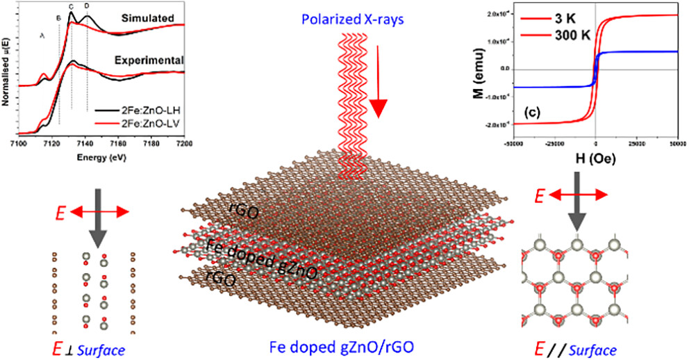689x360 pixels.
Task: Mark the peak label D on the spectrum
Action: click(x=87, y=6)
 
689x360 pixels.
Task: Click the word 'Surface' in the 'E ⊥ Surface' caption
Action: click(x=104, y=345)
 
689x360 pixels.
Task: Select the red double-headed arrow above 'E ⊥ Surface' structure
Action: click(x=101, y=210)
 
